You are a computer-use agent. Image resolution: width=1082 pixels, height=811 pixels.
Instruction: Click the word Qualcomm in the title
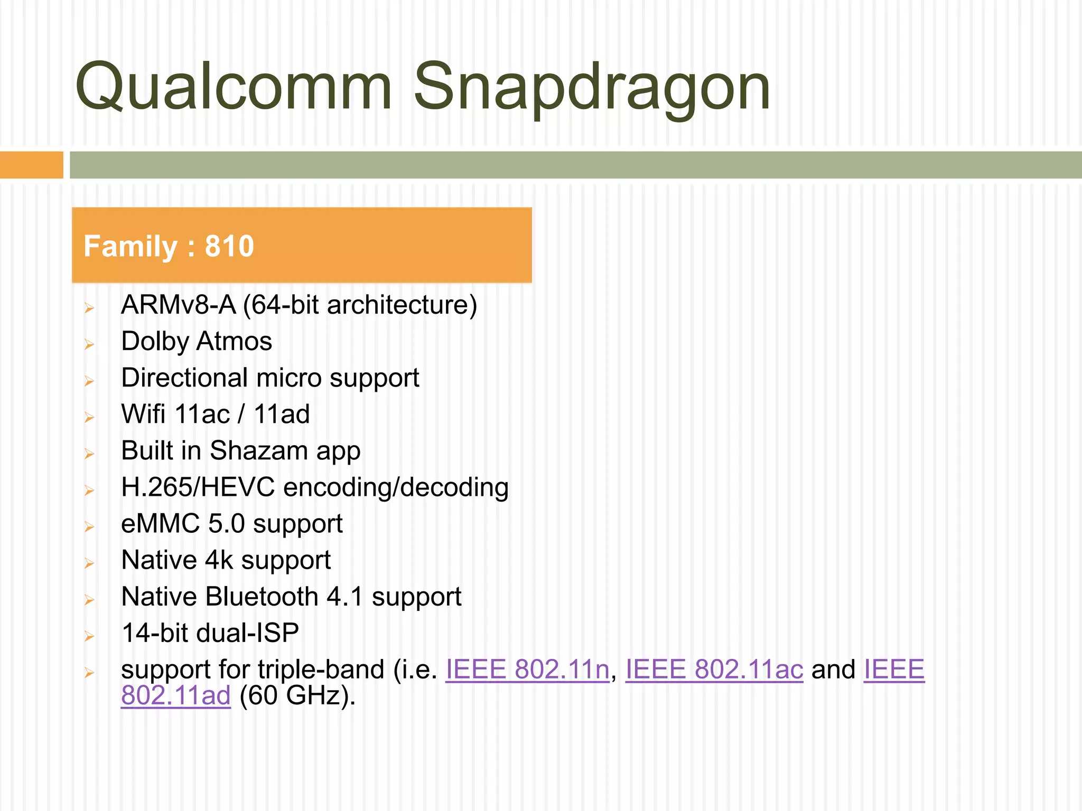tap(233, 87)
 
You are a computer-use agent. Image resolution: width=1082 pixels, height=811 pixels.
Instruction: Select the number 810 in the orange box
tap(229, 246)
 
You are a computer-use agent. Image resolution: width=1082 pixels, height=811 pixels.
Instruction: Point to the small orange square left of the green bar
tap(31, 165)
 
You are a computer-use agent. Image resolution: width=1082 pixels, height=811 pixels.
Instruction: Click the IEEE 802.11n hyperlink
tap(527, 669)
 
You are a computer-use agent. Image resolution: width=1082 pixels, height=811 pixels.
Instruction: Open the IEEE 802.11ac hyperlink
tap(714, 669)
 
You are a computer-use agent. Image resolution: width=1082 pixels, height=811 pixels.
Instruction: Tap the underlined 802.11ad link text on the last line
tap(175, 695)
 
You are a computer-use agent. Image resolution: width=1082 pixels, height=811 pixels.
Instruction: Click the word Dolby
tap(155, 341)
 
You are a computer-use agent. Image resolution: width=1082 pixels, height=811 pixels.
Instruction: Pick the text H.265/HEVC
tap(198, 487)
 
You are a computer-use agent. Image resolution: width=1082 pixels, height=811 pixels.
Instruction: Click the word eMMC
tap(160, 524)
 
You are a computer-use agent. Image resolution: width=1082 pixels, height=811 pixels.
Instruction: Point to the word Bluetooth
tap(262, 597)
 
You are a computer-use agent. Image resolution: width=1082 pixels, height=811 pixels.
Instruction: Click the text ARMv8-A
tap(178, 305)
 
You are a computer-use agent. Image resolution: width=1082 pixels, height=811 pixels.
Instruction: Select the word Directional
tap(184, 378)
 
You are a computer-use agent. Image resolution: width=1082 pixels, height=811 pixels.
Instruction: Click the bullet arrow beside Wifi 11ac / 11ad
tap(89, 418)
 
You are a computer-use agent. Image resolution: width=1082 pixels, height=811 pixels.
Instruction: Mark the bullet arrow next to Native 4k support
tap(89, 563)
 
